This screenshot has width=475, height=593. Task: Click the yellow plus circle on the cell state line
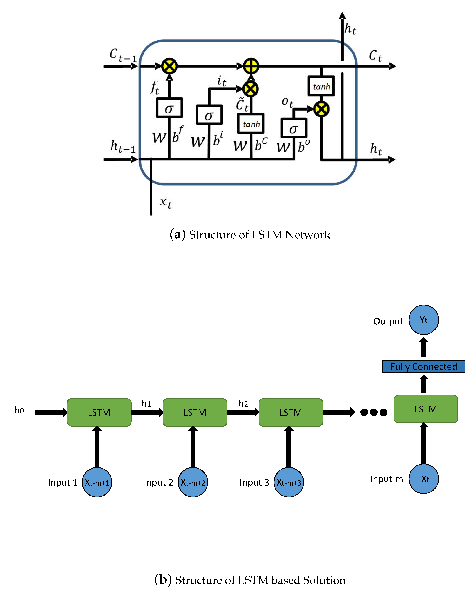pyautogui.click(x=251, y=66)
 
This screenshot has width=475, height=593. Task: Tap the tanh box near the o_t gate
pyautogui.click(x=321, y=86)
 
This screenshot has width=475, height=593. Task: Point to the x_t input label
pyautogui.click(x=166, y=203)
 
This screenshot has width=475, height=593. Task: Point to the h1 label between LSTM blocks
pyautogui.click(x=146, y=404)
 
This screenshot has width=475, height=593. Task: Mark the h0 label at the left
pyautogui.click(x=19, y=410)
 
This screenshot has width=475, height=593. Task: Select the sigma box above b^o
pyautogui.click(x=293, y=128)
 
